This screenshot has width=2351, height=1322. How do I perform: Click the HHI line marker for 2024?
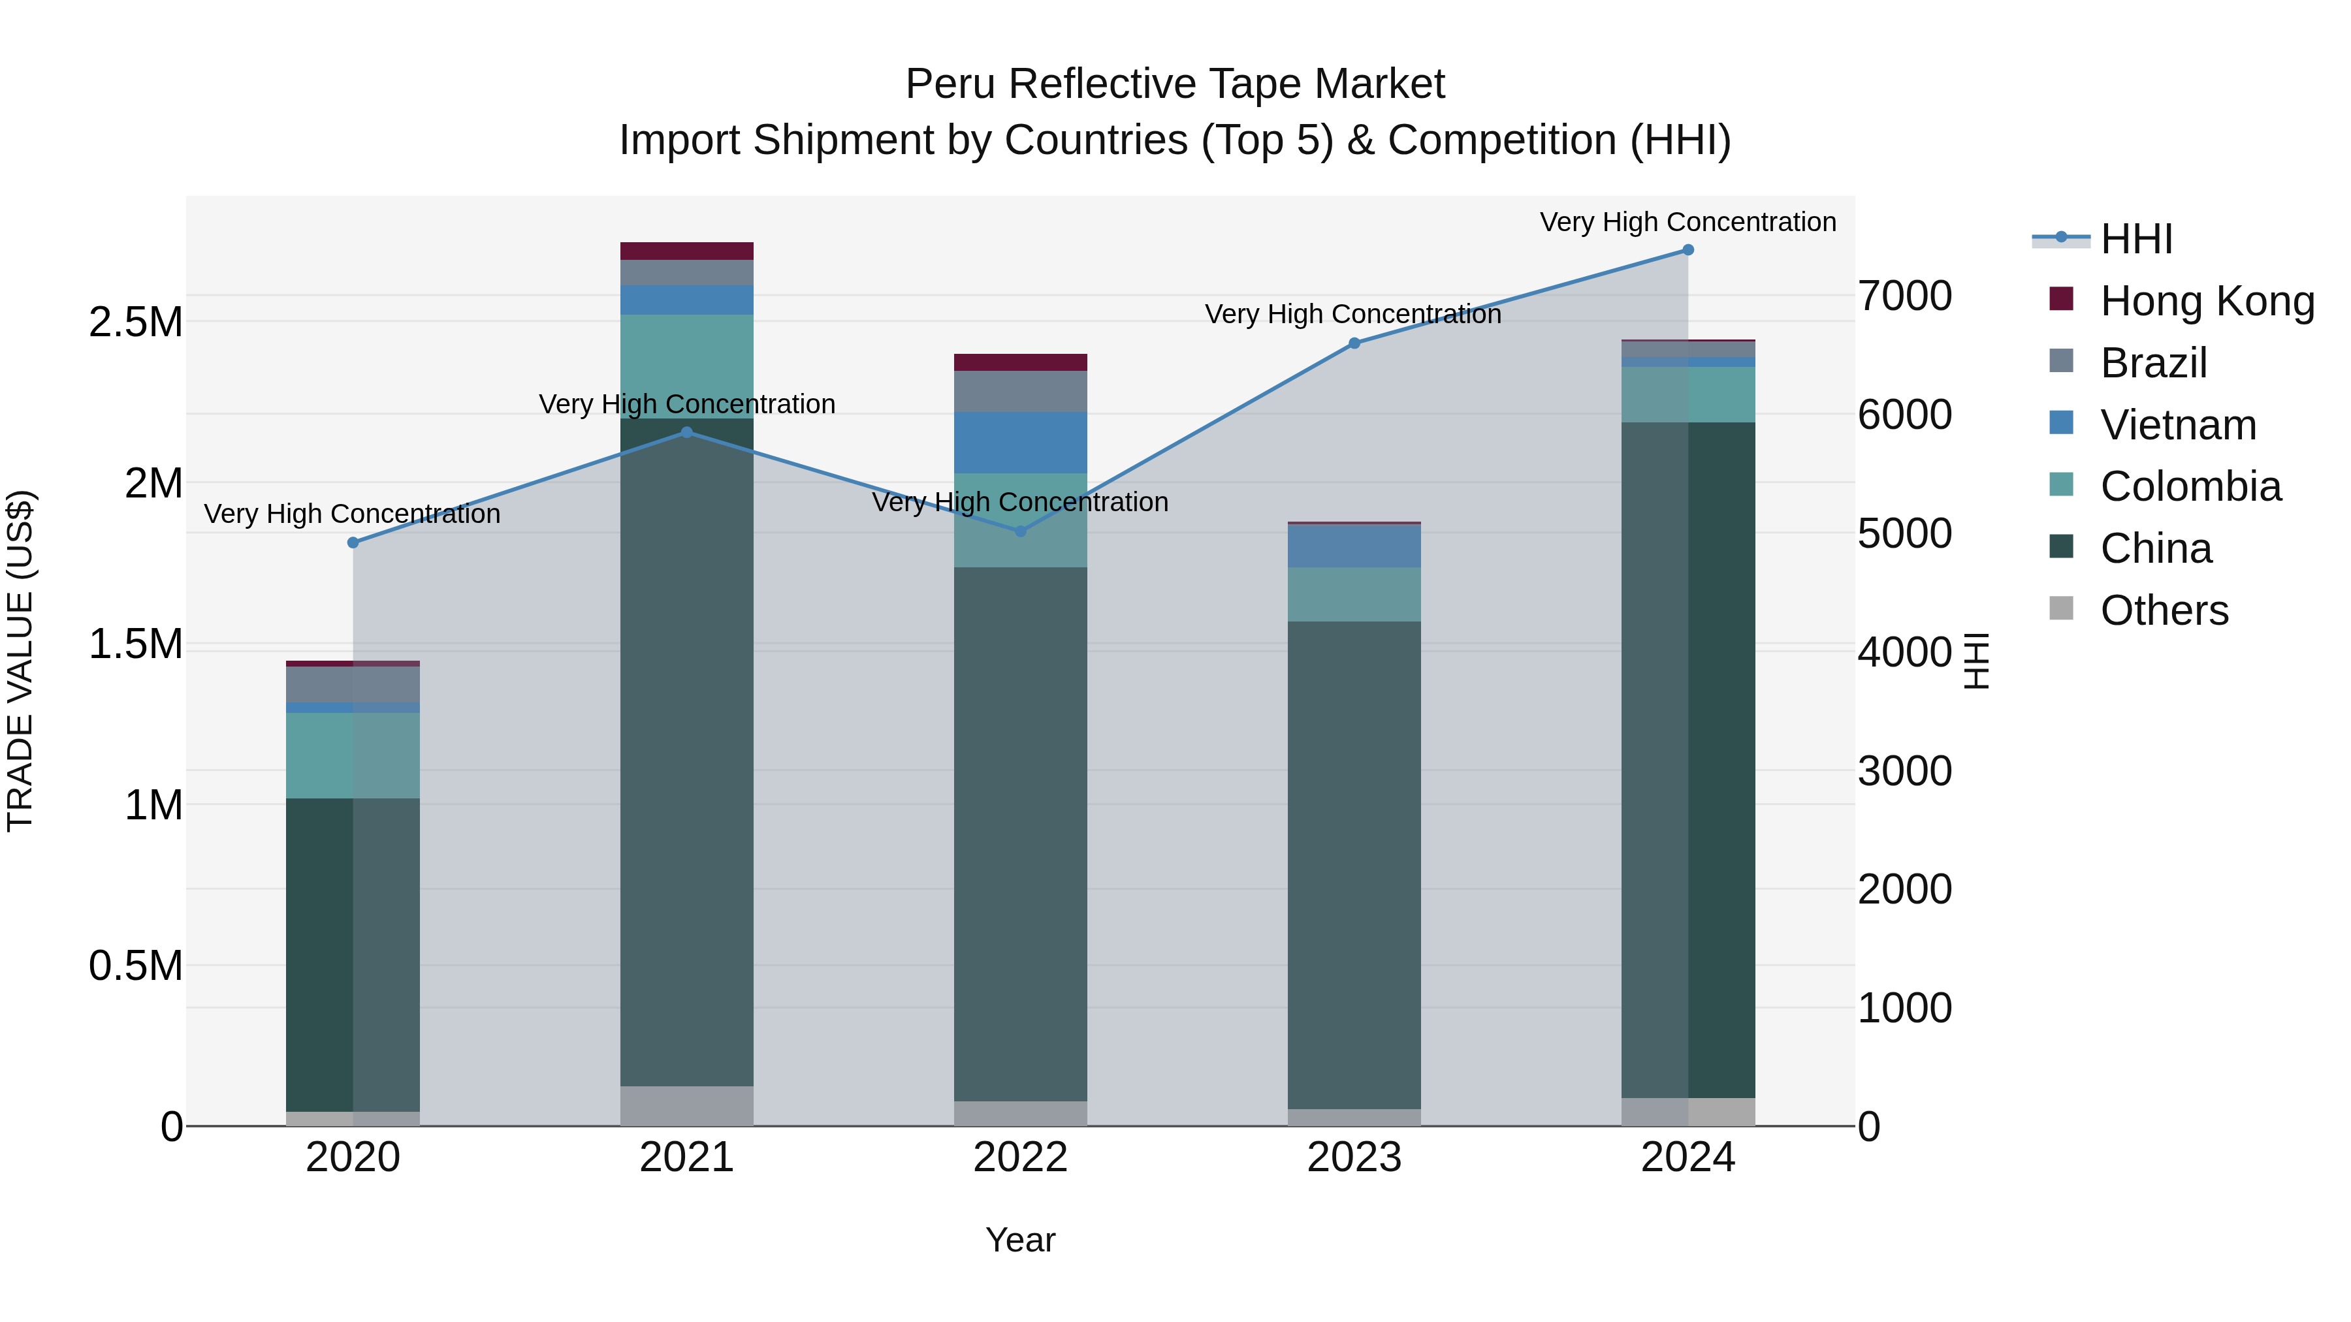coord(1687,250)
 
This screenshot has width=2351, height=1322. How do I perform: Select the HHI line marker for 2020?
coord(353,543)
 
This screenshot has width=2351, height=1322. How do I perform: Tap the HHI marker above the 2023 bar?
coord(1354,344)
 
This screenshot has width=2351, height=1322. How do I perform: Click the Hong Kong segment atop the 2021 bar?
coord(686,251)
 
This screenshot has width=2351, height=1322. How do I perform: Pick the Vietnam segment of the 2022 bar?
coord(1020,443)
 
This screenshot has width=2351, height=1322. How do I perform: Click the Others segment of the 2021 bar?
coord(686,1106)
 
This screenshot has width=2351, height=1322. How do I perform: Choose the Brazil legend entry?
coord(2153,363)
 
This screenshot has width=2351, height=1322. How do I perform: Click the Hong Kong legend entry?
coord(2207,301)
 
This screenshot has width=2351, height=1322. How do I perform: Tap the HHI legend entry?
coord(2135,239)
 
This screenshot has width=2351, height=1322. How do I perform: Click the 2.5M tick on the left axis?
coord(135,322)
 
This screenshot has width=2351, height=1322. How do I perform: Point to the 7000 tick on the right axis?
coord(1905,296)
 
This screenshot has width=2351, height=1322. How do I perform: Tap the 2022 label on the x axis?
coord(1020,1157)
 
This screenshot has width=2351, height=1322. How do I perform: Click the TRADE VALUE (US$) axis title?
coord(20,661)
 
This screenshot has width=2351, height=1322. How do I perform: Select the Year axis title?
coord(1020,1240)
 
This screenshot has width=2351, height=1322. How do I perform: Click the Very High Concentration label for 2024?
coord(1687,222)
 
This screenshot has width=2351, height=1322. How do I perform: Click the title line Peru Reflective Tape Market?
coord(1175,84)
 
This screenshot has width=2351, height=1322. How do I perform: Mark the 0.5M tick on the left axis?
coord(135,966)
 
